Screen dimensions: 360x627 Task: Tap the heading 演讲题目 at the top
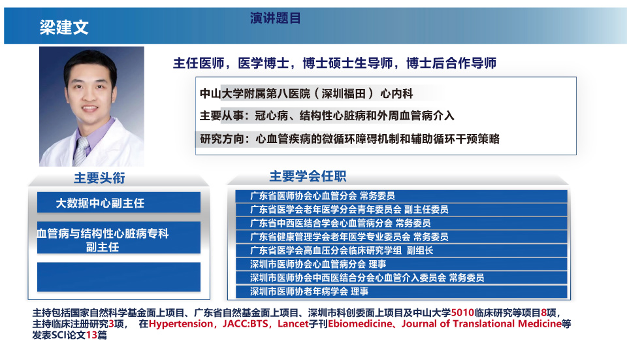(275, 18)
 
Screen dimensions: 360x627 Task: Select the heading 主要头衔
(99, 178)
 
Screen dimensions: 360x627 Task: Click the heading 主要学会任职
(308, 176)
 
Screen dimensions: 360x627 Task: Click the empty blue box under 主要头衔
(119, 276)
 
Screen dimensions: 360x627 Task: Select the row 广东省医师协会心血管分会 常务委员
(323, 196)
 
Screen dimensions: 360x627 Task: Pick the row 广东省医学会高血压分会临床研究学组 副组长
(342, 250)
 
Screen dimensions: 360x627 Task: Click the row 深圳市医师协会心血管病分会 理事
(318, 265)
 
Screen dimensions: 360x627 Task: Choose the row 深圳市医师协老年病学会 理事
(309, 291)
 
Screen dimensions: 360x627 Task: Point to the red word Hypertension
(180, 324)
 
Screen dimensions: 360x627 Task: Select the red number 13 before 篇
(91, 336)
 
